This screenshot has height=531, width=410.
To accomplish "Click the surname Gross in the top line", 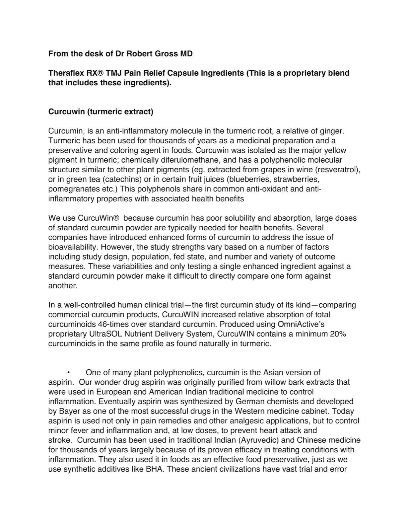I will [x=166, y=53].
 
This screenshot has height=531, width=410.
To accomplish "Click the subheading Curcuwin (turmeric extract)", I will [x=101, y=112].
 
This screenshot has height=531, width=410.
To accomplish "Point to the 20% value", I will [x=338, y=334].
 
